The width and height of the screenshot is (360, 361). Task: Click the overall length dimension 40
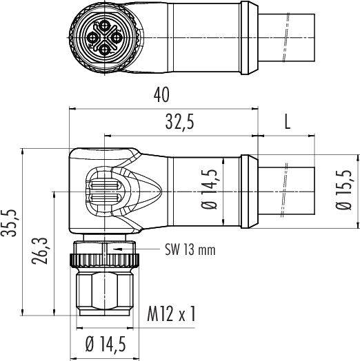coord(162,93)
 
